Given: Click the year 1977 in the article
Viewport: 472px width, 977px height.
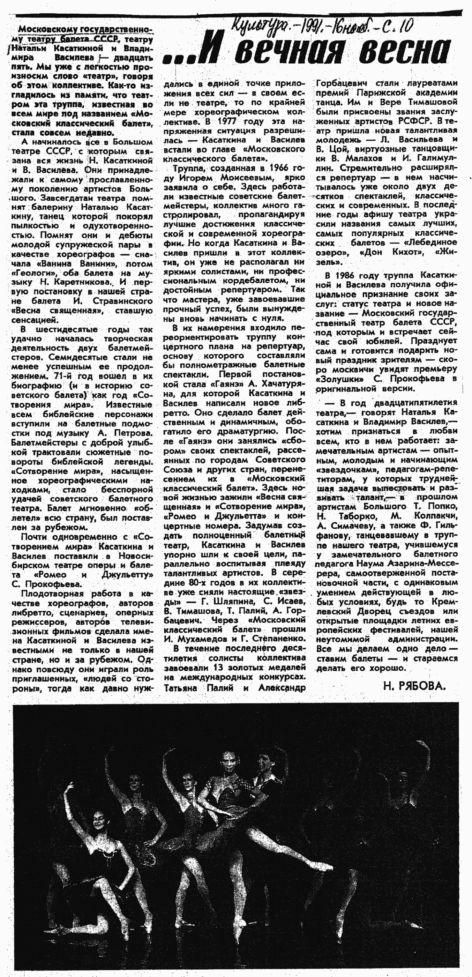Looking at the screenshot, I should (227, 122).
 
